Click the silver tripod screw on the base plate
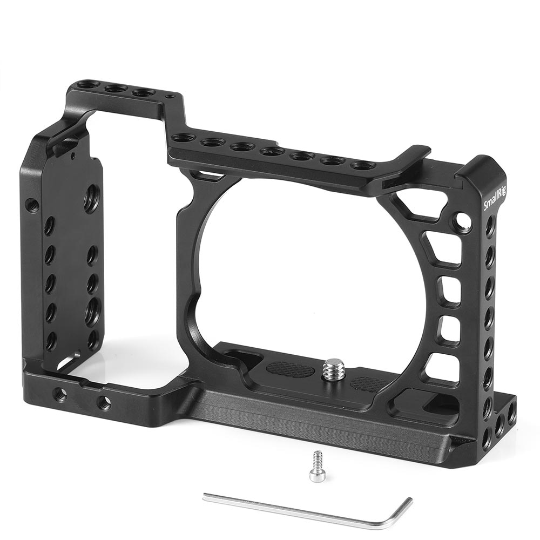click(329, 370)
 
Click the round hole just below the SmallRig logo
click(463, 220)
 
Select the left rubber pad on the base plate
click(289, 369)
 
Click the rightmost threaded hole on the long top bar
click(362, 165)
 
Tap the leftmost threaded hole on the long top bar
click(183, 138)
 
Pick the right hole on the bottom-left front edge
click(104, 402)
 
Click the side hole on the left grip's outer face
click(32, 205)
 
